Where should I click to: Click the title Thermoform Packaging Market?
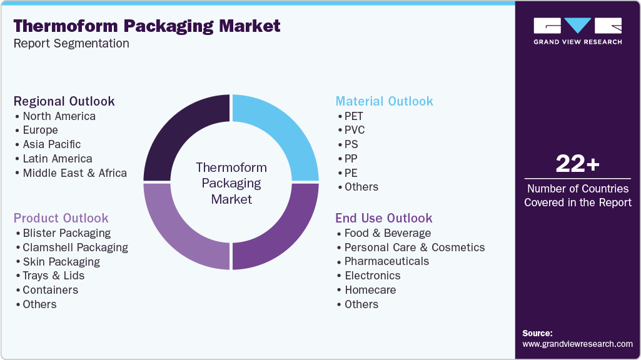pyautogui.click(x=147, y=26)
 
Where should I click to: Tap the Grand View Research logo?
pyautogui.click(x=577, y=31)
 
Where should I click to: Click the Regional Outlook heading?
pyautogui.click(x=64, y=101)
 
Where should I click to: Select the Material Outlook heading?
pyautogui.click(x=384, y=101)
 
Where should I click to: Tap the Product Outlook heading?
pyautogui.click(x=61, y=218)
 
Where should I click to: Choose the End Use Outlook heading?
pyautogui.click(x=383, y=218)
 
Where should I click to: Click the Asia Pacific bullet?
pyautogui.click(x=52, y=144)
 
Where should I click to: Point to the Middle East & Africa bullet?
pyautogui.click(x=74, y=173)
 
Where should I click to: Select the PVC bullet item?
pyautogui.click(x=355, y=130)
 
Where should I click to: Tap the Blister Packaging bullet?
pyautogui.click(x=66, y=233)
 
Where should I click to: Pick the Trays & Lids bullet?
pyautogui.click(x=53, y=276)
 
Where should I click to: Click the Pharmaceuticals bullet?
pyautogui.click(x=386, y=261)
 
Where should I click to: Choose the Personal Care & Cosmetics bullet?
pyautogui.click(x=414, y=247)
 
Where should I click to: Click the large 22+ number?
pyautogui.click(x=577, y=164)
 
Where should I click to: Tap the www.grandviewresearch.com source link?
pyautogui.click(x=577, y=344)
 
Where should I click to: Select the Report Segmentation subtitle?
pyautogui.click(x=71, y=44)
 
